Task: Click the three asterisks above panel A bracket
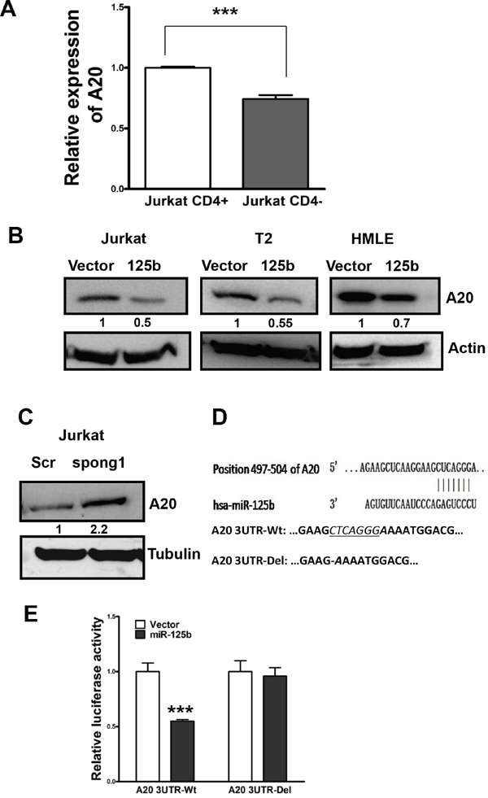point(226,15)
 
